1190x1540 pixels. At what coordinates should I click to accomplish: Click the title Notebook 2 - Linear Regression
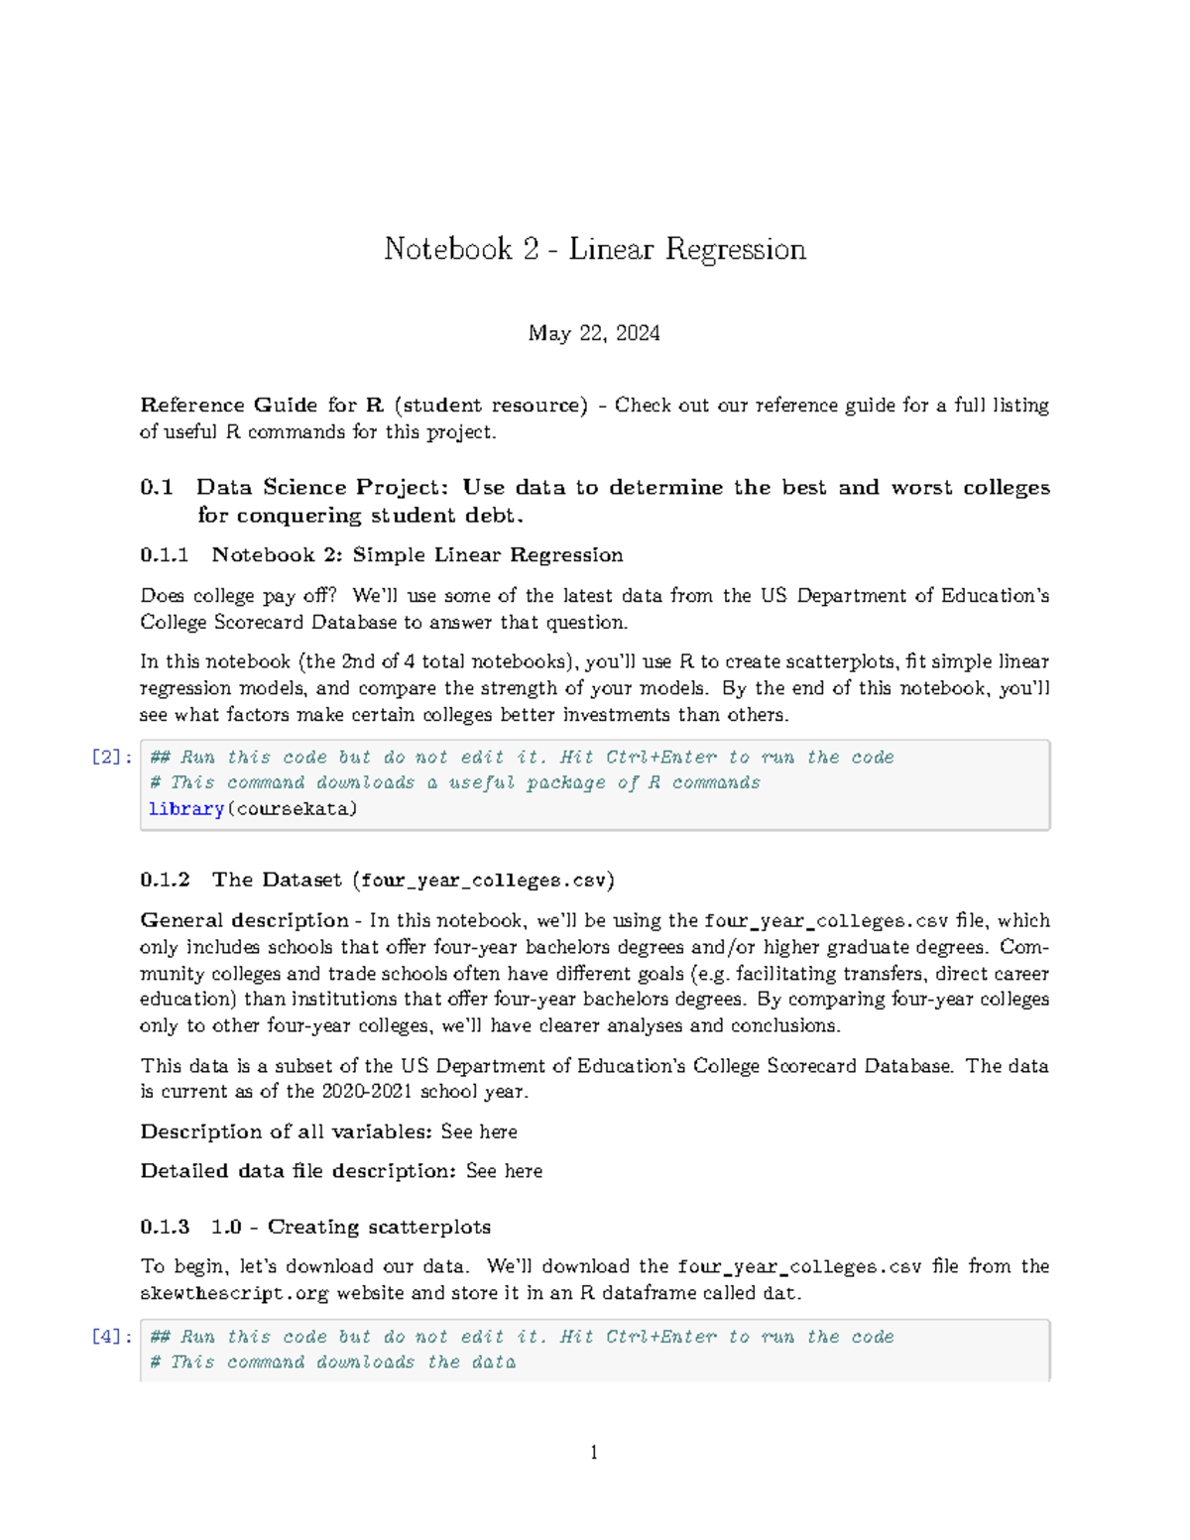tap(594, 249)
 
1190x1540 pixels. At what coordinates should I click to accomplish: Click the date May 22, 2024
tap(594, 333)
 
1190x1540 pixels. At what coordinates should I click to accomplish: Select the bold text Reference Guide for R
tap(262, 405)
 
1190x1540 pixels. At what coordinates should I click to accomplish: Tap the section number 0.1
tap(157, 487)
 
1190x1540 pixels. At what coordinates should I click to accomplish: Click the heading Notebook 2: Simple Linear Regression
tap(417, 554)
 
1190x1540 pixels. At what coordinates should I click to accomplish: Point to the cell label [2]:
tap(112, 757)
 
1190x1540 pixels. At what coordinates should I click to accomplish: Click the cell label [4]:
tap(112, 1336)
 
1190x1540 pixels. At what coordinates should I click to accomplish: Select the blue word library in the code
tap(186, 808)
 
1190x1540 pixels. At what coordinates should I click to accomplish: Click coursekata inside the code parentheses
tap(292, 808)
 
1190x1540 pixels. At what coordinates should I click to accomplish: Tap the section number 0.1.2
tap(165, 880)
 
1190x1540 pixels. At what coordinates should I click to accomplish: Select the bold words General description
tap(244, 920)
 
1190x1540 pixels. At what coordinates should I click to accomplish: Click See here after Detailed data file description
tap(504, 1171)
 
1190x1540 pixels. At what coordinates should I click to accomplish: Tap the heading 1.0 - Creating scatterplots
tap(351, 1227)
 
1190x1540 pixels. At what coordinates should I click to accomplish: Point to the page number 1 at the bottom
tap(594, 1453)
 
